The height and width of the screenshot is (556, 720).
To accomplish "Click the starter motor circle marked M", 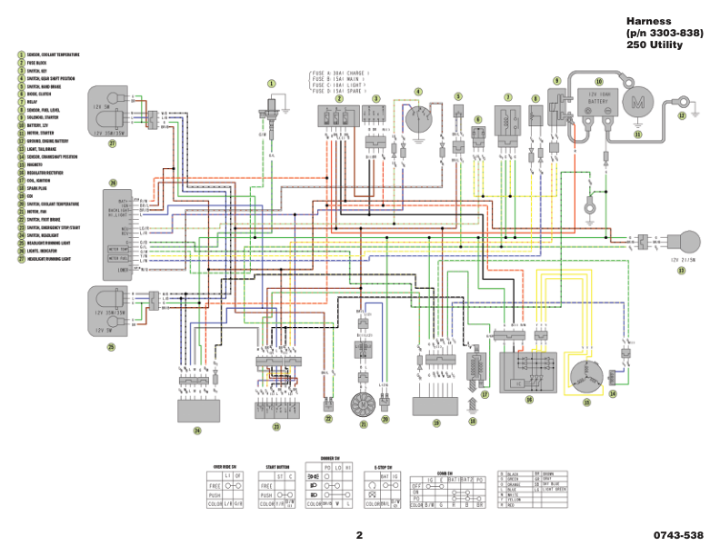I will click(x=637, y=104).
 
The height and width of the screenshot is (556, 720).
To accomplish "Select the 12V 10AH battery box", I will click(x=594, y=103).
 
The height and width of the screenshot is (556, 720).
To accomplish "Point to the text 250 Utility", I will click(x=654, y=45).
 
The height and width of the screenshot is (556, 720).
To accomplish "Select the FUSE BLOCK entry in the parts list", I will click(x=41, y=63).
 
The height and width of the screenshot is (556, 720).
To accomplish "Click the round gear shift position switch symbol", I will click(x=418, y=122).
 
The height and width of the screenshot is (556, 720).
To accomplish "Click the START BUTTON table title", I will click(x=277, y=466).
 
